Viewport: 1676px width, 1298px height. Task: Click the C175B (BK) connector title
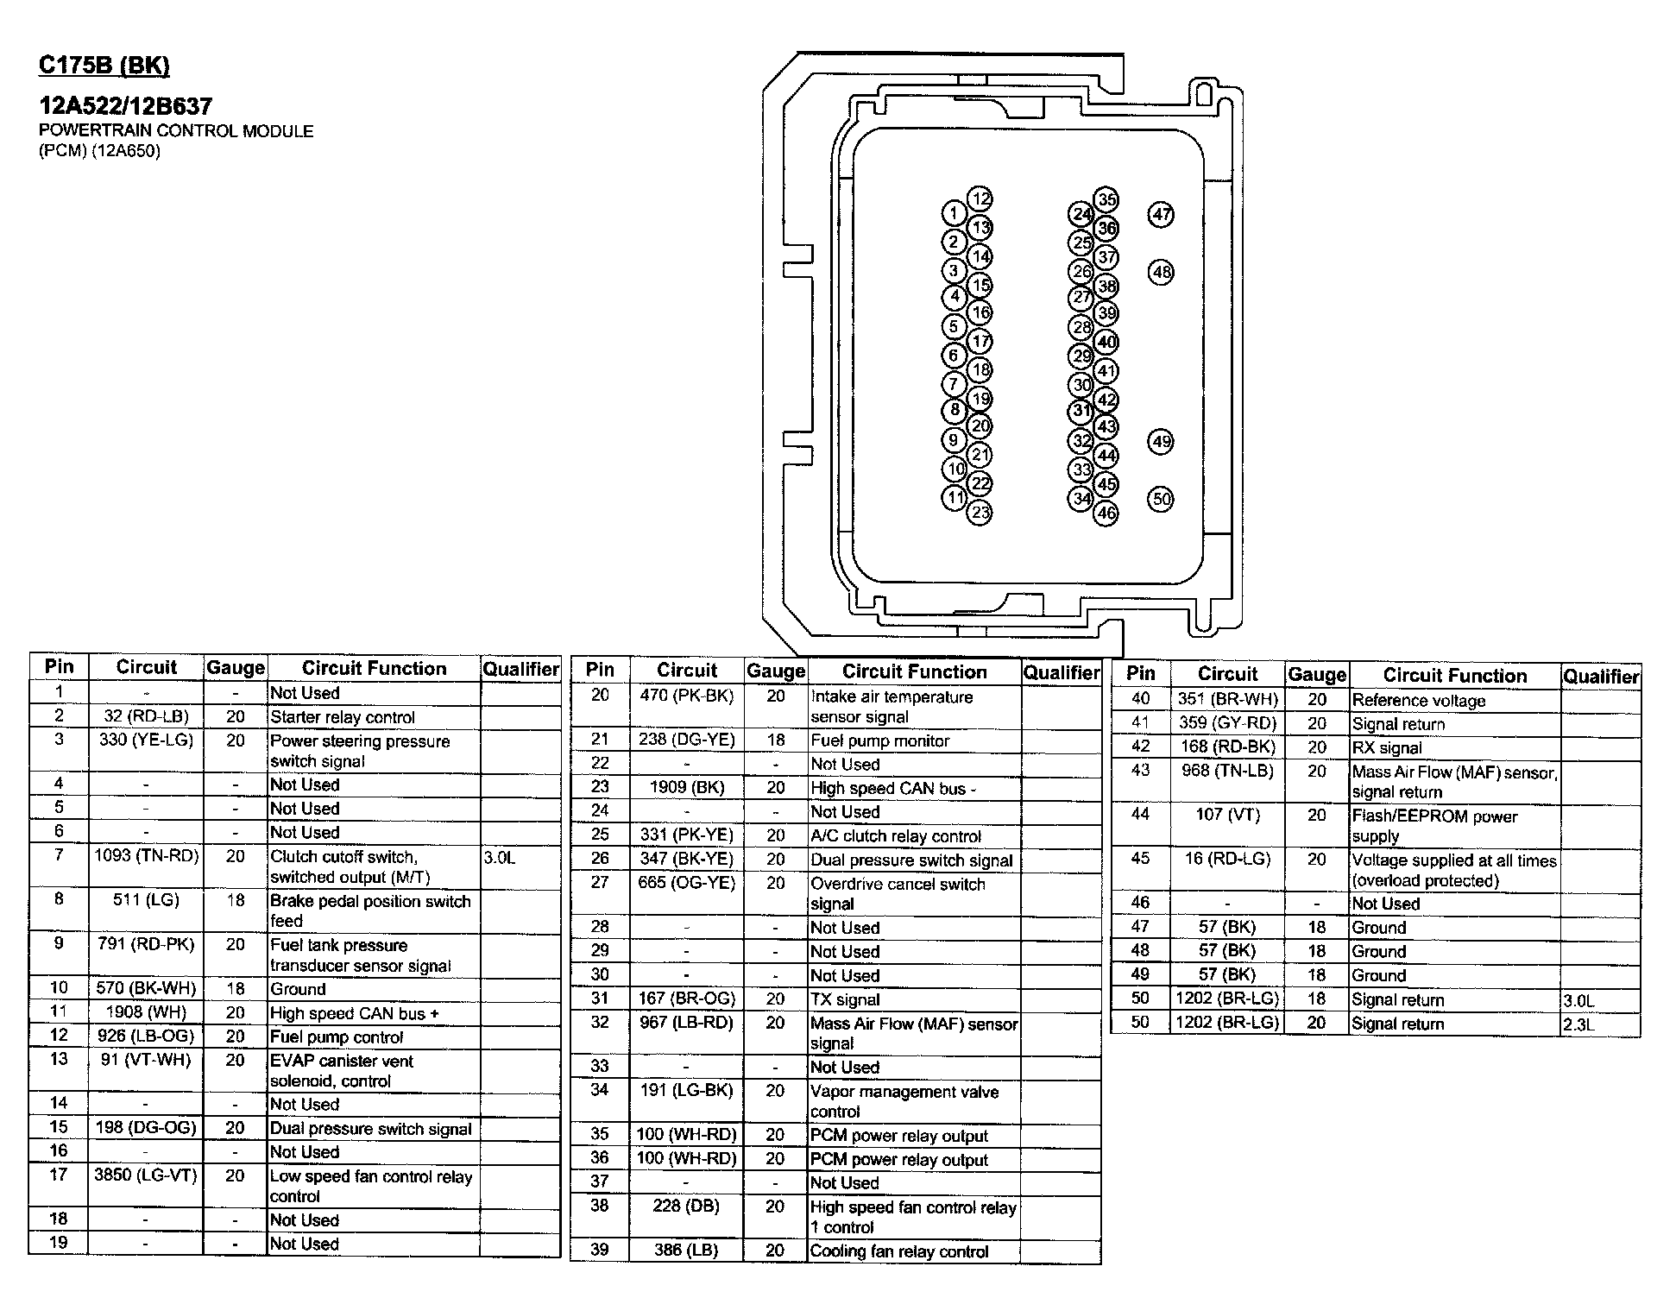[104, 66]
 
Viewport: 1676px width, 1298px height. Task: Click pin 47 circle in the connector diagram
[1162, 215]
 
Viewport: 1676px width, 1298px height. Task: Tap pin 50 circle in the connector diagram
[1162, 499]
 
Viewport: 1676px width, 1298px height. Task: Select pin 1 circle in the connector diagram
[953, 213]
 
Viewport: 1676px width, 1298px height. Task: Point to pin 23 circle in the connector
[980, 514]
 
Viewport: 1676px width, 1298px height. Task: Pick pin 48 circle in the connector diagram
[1162, 273]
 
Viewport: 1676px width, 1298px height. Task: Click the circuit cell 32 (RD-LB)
[146, 716]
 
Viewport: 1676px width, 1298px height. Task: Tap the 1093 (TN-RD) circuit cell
[146, 856]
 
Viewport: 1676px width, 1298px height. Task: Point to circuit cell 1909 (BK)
[687, 787]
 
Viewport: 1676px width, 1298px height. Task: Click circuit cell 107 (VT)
[1227, 815]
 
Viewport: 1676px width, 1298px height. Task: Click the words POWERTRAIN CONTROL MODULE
[176, 131]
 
